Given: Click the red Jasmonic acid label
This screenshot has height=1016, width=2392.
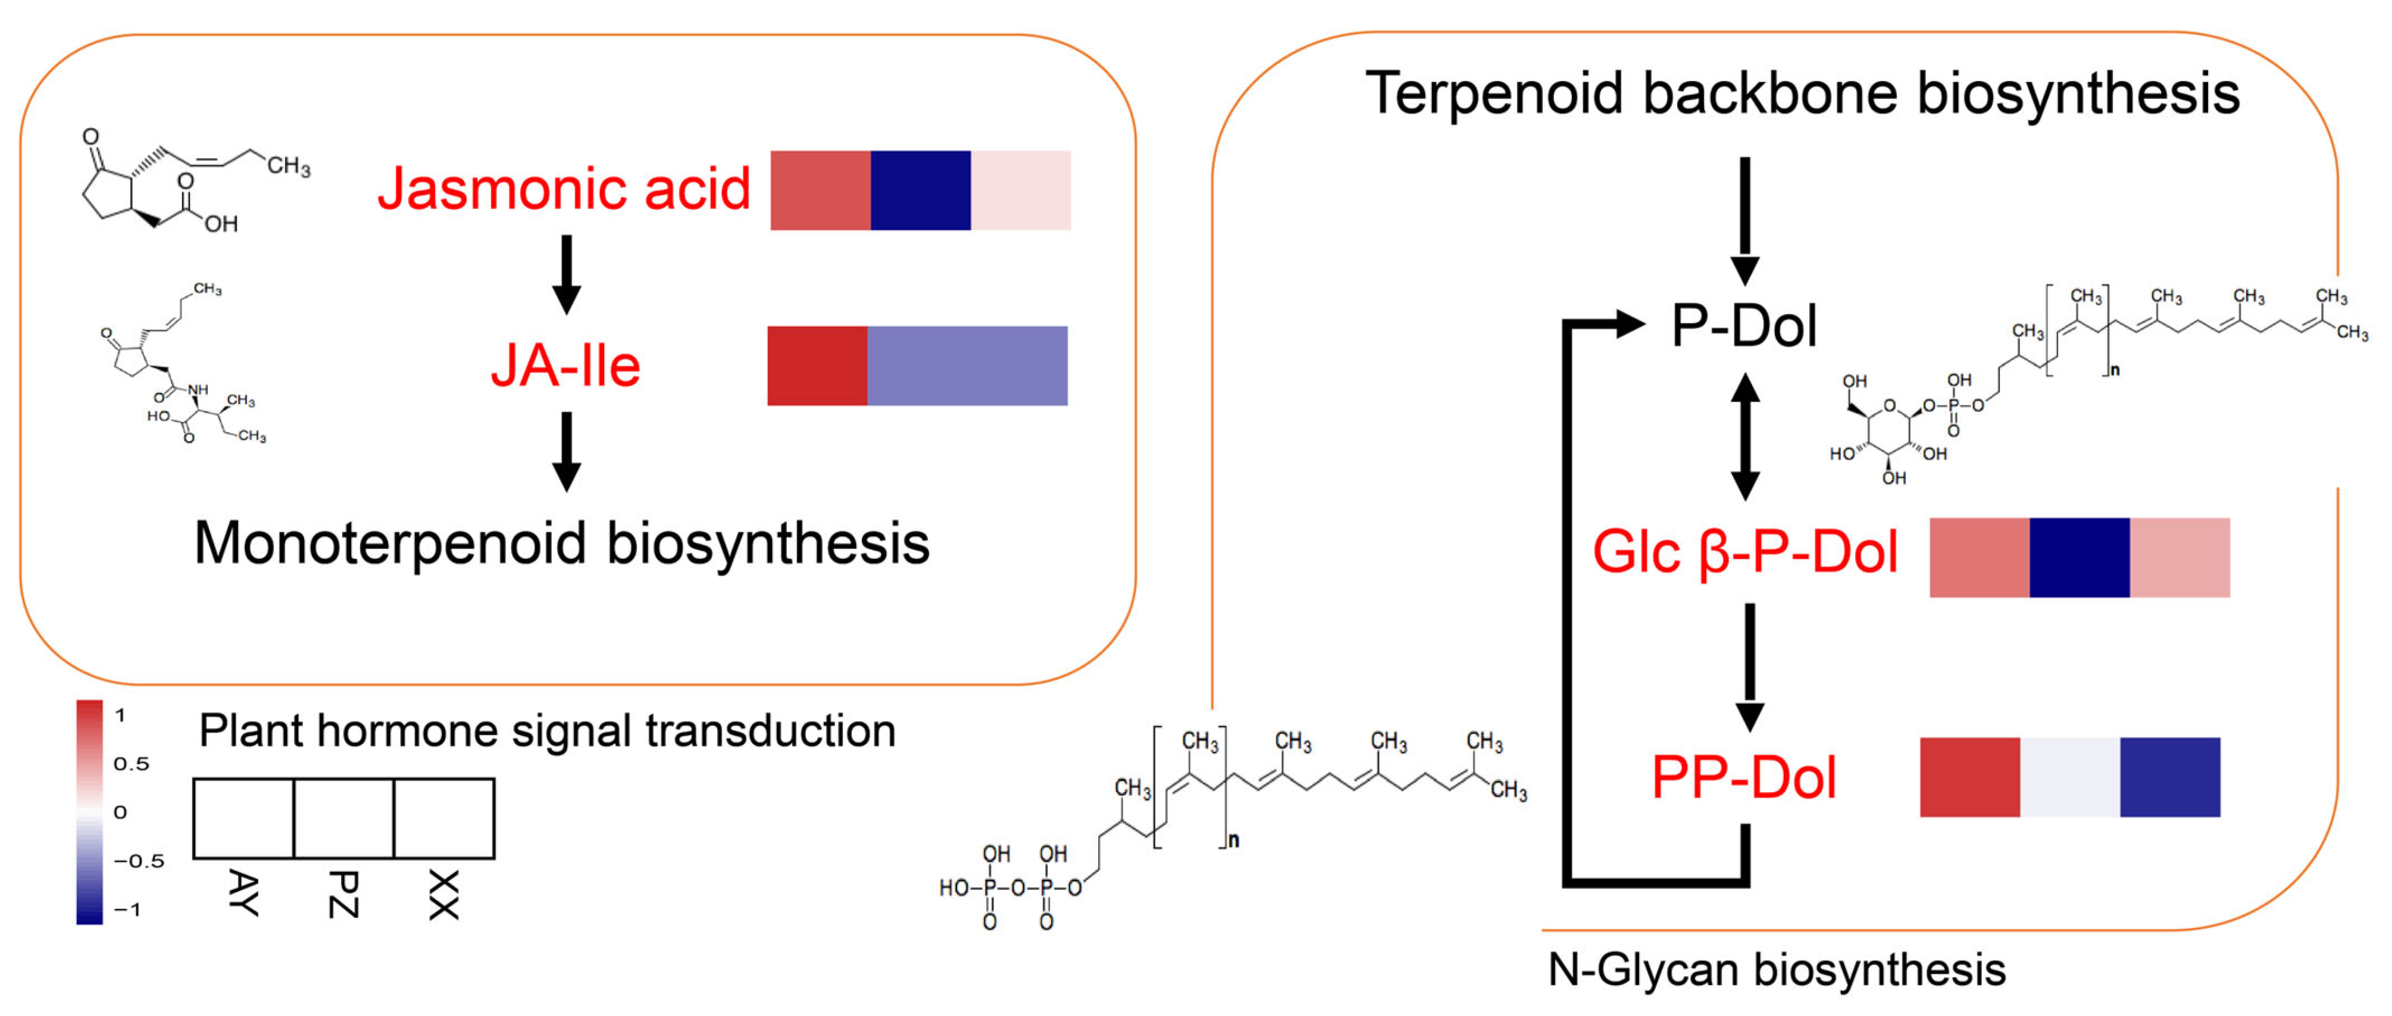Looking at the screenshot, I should [564, 189].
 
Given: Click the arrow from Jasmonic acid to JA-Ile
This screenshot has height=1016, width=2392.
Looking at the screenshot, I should [567, 274].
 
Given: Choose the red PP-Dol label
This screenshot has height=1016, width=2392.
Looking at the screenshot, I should [1743, 777].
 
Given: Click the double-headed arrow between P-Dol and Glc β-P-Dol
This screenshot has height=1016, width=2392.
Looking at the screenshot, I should [1745, 436].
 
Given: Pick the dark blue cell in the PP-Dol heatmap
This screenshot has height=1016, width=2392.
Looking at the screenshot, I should [2169, 777].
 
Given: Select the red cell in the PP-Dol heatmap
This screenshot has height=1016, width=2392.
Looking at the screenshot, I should [1969, 777].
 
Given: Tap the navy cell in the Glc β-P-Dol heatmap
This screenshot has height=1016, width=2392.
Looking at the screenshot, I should [2079, 557].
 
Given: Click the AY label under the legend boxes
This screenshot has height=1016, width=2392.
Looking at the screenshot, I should [243, 893].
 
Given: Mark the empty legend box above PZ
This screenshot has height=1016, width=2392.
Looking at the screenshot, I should [343, 818].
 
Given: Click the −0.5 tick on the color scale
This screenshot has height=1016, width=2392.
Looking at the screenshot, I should [138, 861].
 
